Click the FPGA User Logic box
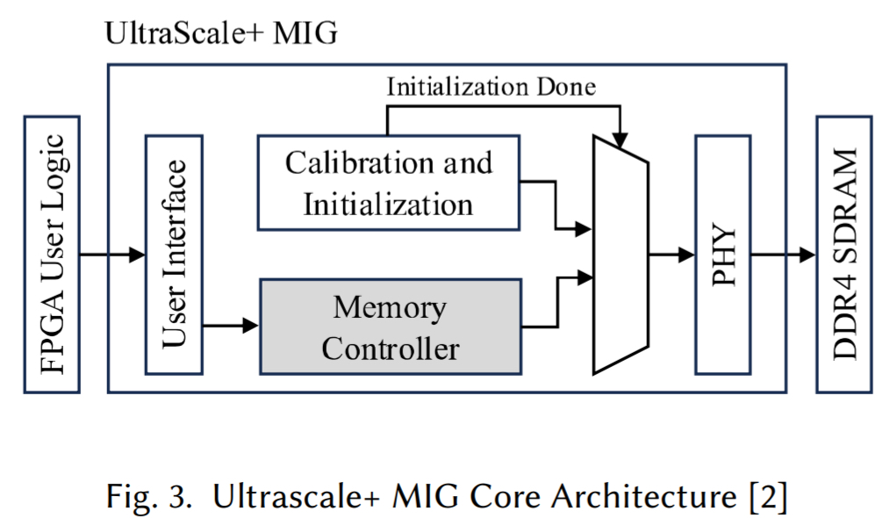53,254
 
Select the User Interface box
174,254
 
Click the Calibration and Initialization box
388,183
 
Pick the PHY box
722,254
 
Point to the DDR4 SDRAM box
844,254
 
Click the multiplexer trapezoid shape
621,254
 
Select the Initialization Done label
491,87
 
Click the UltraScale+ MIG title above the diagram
220,34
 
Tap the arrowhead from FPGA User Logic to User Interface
137,255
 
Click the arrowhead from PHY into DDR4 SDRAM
808,255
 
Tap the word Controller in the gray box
390,349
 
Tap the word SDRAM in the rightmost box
844,205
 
